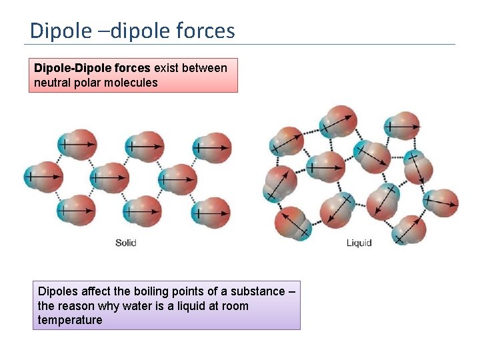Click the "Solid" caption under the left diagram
125,243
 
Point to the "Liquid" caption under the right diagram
359,243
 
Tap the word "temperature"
70,320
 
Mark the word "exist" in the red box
167,68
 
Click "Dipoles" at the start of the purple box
57,292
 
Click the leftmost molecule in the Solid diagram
43,177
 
